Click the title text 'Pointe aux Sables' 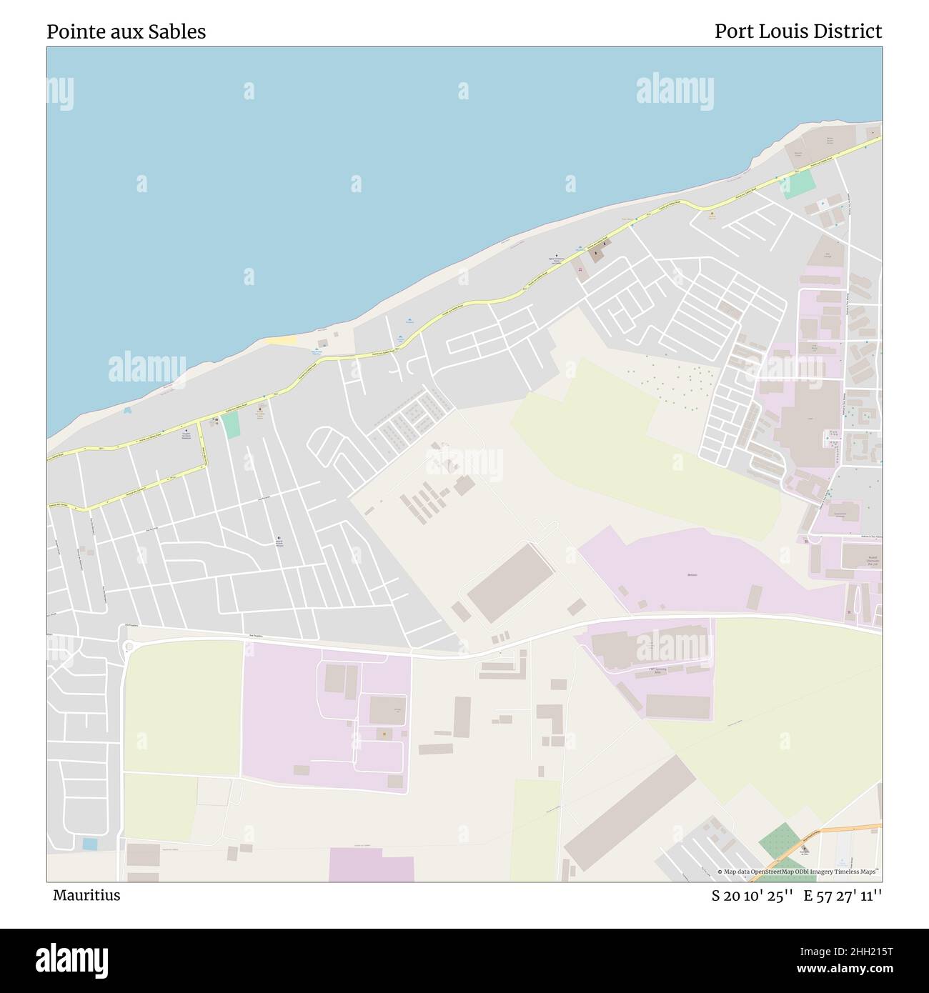coord(126,31)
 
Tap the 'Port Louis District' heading coord(798,31)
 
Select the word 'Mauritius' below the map coord(86,895)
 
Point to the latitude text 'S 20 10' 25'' coord(752,895)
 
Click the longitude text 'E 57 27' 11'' coord(843,895)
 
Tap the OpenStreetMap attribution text coord(799,872)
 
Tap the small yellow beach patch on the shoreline coord(280,341)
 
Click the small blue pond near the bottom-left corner coord(90,844)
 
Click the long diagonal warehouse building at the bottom coord(629,813)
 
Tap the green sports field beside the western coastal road coord(230,425)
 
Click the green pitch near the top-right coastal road coord(800,184)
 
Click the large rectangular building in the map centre coord(510,582)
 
